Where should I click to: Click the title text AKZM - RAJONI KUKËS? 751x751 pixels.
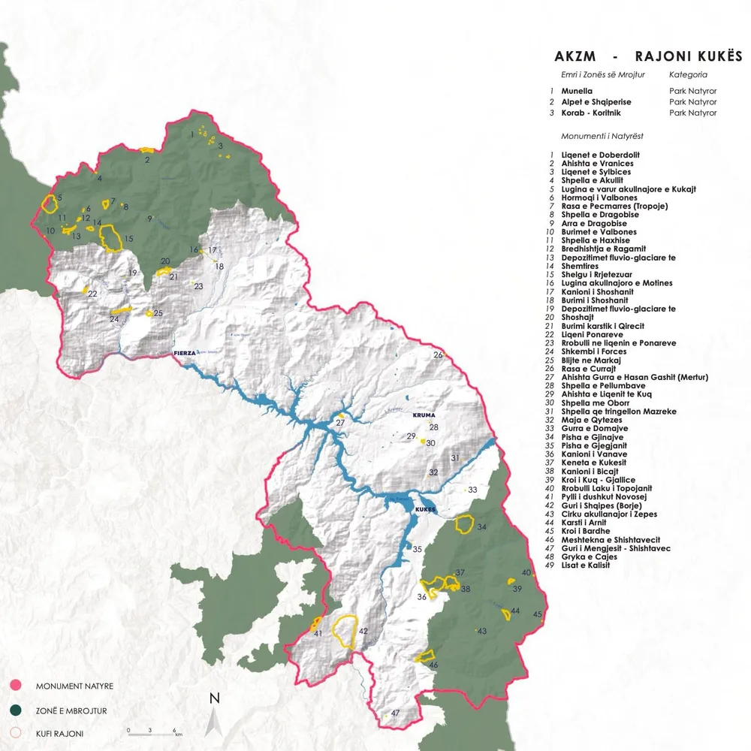[x=648, y=56]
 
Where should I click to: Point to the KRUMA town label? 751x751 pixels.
[x=424, y=415]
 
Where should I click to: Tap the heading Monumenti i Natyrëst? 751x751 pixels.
[x=602, y=136]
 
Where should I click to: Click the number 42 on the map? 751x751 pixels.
[x=363, y=632]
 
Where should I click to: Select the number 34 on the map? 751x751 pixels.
[x=481, y=527]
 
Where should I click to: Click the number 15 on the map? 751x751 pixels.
[x=128, y=240]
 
